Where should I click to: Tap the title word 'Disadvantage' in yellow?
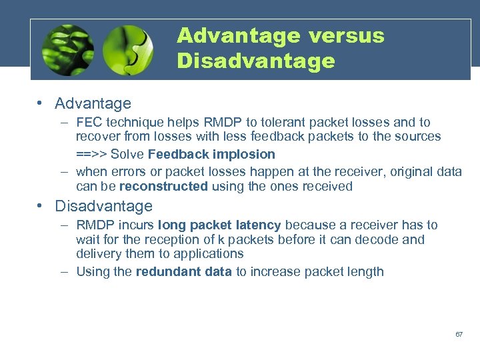[x=256, y=61]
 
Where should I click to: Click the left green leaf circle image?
[x=67, y=50]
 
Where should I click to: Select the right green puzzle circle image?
[x=128, y=50]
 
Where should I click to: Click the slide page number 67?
[x=459, y=334]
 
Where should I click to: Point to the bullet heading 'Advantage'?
[x=93, y=104]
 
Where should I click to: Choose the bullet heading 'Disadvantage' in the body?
[x=103, y=207]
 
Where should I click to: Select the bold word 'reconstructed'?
[x=163, y=187]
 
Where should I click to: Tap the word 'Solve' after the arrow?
[x=128, y=155]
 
